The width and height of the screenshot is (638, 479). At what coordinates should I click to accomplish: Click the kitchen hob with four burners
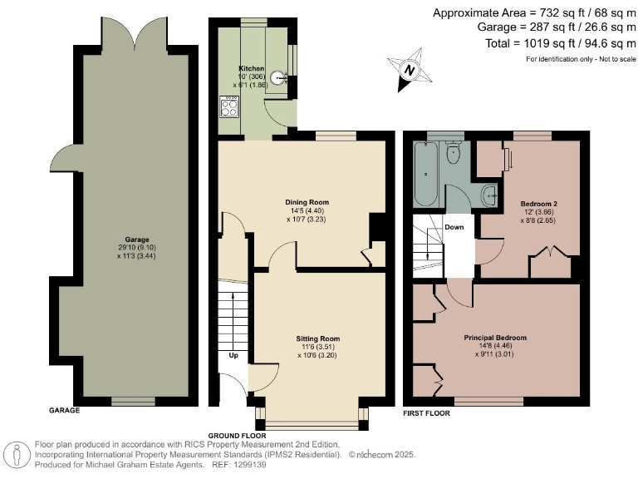229,106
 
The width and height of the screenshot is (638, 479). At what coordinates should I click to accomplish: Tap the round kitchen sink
279,77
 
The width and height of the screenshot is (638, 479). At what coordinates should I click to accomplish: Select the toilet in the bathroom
453,152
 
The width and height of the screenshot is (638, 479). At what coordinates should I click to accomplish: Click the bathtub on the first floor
425,174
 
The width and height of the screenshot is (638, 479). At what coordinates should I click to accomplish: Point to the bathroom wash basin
490,196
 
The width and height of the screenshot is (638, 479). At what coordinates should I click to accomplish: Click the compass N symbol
410,70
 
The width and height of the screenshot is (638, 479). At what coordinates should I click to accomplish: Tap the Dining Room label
307,202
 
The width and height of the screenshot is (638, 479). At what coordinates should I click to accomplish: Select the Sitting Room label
318,338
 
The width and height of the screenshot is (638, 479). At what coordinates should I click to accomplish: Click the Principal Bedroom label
495,338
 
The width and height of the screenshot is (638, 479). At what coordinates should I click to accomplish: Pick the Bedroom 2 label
538,204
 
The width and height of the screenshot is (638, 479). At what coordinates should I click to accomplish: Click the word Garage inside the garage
137,239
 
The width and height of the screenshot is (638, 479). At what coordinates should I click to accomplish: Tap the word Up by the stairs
233,356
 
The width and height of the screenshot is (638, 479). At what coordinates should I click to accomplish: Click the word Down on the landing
454,227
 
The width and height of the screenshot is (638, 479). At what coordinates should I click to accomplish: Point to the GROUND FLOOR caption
238,436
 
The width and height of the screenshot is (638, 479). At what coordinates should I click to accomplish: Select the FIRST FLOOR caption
426,413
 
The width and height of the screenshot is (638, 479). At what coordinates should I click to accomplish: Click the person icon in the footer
17,456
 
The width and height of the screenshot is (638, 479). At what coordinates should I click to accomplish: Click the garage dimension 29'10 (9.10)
137,248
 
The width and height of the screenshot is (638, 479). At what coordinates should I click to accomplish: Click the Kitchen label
251,68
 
